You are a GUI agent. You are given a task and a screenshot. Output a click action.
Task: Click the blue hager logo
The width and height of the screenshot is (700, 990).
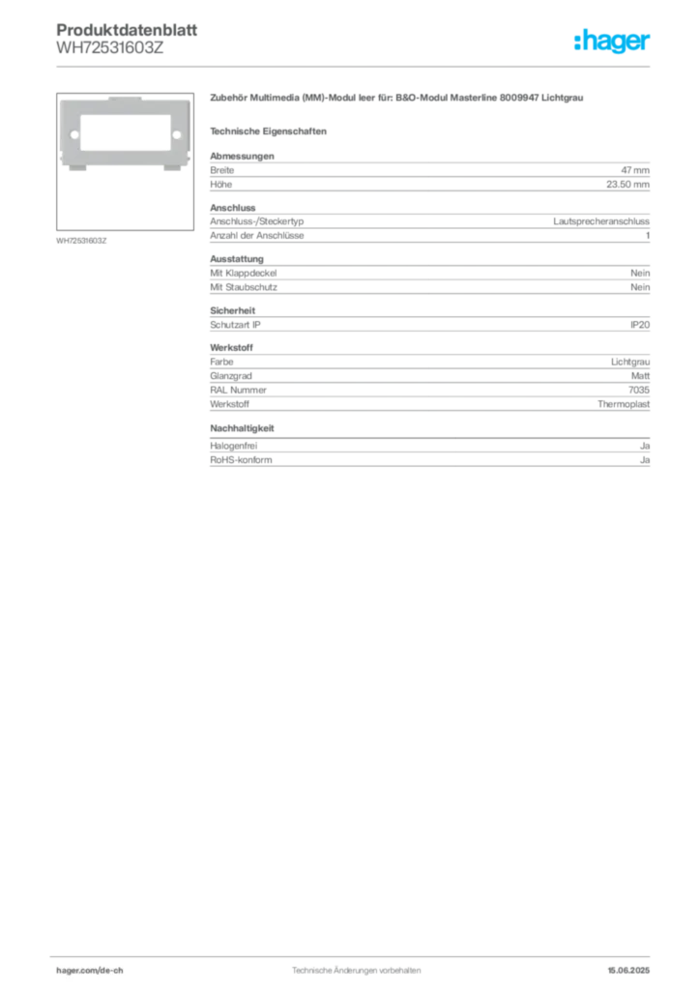[x=613, y=43]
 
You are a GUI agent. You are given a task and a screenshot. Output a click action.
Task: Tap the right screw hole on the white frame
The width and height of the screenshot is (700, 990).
[x=175, y=123]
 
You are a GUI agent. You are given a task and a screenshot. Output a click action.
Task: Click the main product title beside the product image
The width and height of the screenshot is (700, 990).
[x=396, y=100]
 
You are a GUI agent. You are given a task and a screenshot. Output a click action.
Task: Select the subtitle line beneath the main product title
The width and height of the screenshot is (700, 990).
[x=272, y=131]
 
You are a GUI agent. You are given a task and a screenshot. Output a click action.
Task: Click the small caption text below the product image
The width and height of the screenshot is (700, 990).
[x=81, y=240]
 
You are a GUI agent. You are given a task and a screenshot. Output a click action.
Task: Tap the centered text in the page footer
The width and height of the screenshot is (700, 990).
[x=354, y=966]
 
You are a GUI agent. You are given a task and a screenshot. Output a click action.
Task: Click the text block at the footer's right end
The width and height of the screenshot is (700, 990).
[x=633, y=966]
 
